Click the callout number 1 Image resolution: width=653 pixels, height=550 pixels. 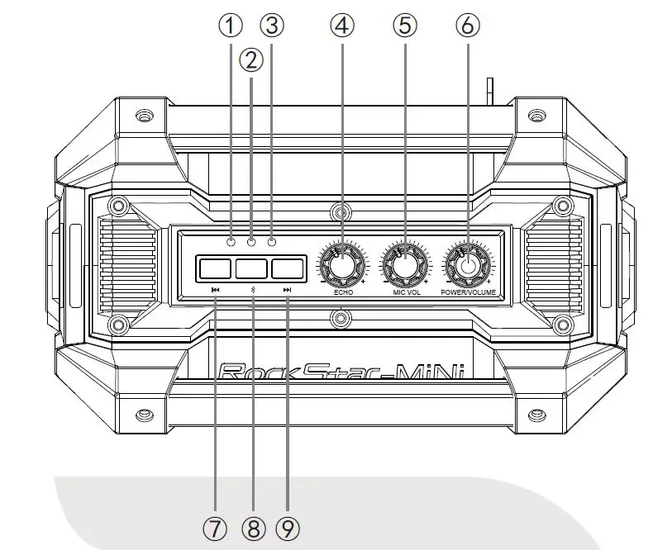pos(231,26)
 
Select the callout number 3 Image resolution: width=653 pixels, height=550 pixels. pos(272,26)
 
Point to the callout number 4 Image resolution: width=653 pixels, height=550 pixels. pos(341,26)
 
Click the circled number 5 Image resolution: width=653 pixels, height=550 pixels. pos(404,26)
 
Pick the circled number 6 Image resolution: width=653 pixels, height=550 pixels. pos(467,26)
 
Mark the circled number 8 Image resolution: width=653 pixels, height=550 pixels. pos(252,529)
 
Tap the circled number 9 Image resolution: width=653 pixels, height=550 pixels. pos(287,529)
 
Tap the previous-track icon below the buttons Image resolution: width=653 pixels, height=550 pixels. pos(216,290)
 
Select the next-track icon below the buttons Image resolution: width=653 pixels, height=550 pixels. pos(288,290)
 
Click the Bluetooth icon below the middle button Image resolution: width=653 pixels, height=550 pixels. pos(252,290)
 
